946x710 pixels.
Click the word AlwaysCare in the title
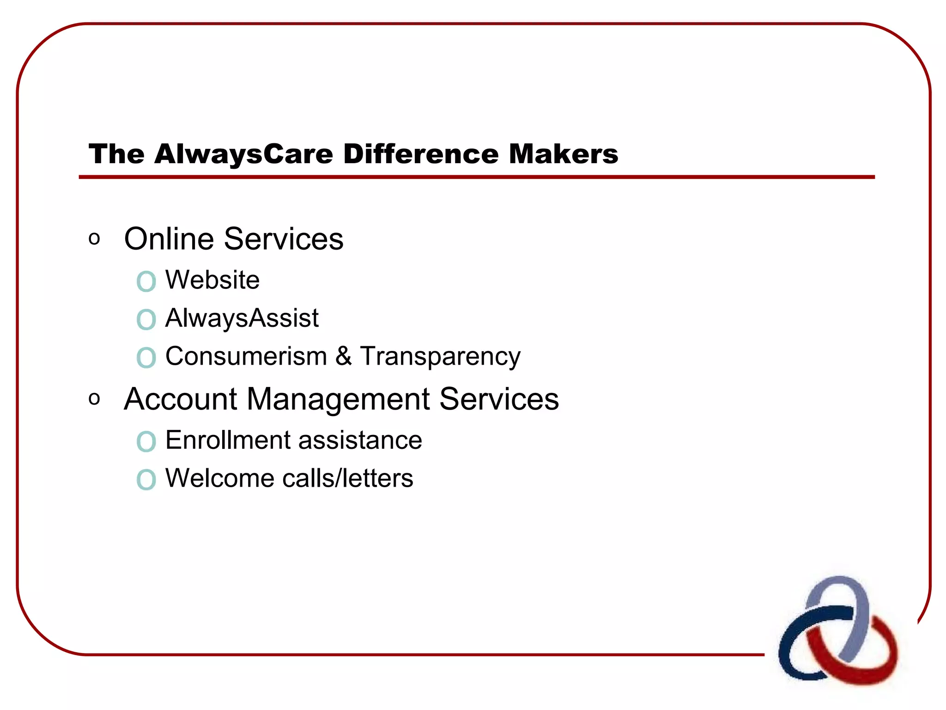click(243, 154)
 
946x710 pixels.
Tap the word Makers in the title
click(563, 154)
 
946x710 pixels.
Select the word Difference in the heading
click(421, 154)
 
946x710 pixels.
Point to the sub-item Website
click(212, 280)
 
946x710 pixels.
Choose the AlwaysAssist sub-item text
click(242, 318)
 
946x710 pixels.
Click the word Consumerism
click(246, 356)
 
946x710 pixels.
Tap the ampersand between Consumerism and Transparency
click(343, 356)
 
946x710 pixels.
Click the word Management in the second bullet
click(338, 399)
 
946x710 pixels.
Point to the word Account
click(180, 399)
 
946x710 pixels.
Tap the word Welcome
click(219, 478)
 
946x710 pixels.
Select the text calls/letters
click(348, 478)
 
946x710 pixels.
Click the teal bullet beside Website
click(146, 281)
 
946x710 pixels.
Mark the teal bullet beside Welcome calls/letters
click(146, 479)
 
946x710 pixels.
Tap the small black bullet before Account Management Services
click(94, 399)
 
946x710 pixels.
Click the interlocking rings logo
click(837, 631)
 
